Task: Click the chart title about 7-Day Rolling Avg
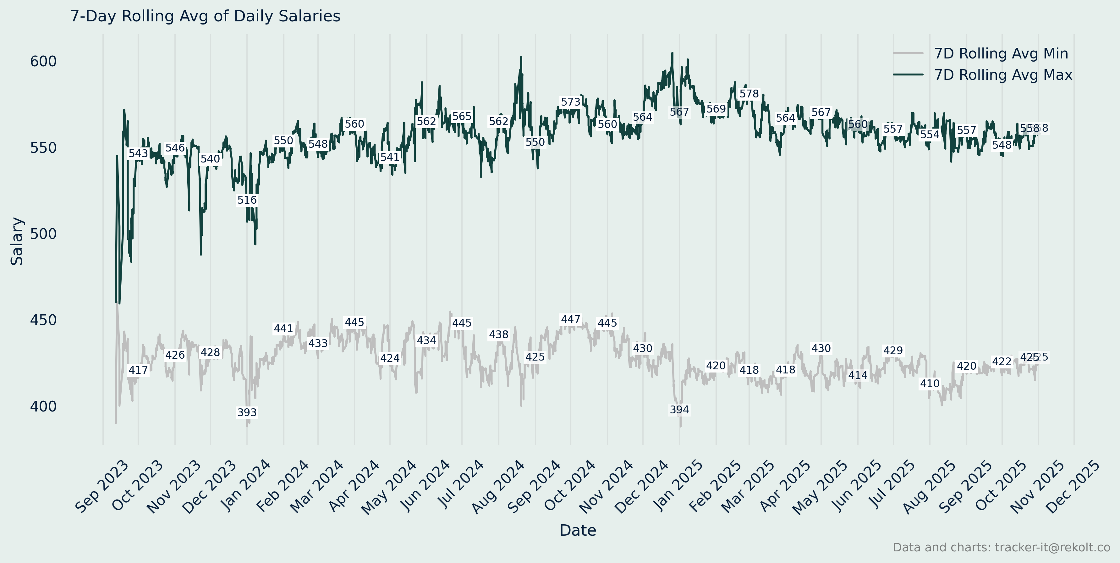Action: pos(205,16)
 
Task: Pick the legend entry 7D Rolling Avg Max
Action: pos(1002,75)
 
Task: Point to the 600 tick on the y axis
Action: pos(43,61)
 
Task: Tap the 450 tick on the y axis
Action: pos(43,320)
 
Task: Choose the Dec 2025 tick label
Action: pos(1073,487)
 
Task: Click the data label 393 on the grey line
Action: pos(247,412)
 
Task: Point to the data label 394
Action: pos(679,410)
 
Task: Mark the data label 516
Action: pos(247,200)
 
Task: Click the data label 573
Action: pos(570,102)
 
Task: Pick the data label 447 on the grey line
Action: pos(570,320)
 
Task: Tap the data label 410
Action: pos(930,384)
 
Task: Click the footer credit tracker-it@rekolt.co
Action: pos(1001,547)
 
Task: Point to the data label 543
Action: pos(138,153)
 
